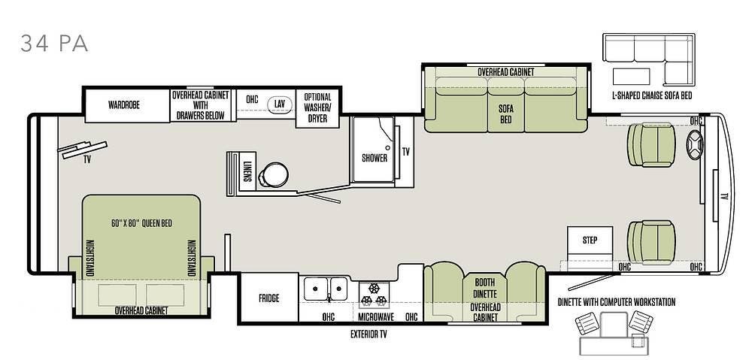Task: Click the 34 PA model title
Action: coord(54,44)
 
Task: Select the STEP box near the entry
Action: coord(590,244)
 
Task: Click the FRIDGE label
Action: coord(268,298)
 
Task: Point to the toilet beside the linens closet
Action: coord(274,174)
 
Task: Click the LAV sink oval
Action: coord(280,104)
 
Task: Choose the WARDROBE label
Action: coord(124,105)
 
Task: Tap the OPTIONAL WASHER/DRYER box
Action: coord(317,107)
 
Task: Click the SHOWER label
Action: coord(374,158)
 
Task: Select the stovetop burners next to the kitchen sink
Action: coord(374,295)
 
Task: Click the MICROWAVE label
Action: coord(376,317)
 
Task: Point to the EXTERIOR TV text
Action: coord(368,334)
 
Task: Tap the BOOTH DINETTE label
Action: coord(485,288)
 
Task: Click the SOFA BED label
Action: coord(505,113)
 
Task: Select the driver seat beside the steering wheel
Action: coord(651,145)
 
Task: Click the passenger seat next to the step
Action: coord(651,242)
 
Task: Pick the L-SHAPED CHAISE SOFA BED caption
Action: coord(652,95)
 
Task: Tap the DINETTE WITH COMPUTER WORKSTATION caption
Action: coord(617,302)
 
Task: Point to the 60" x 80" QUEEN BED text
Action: coord(141,223)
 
